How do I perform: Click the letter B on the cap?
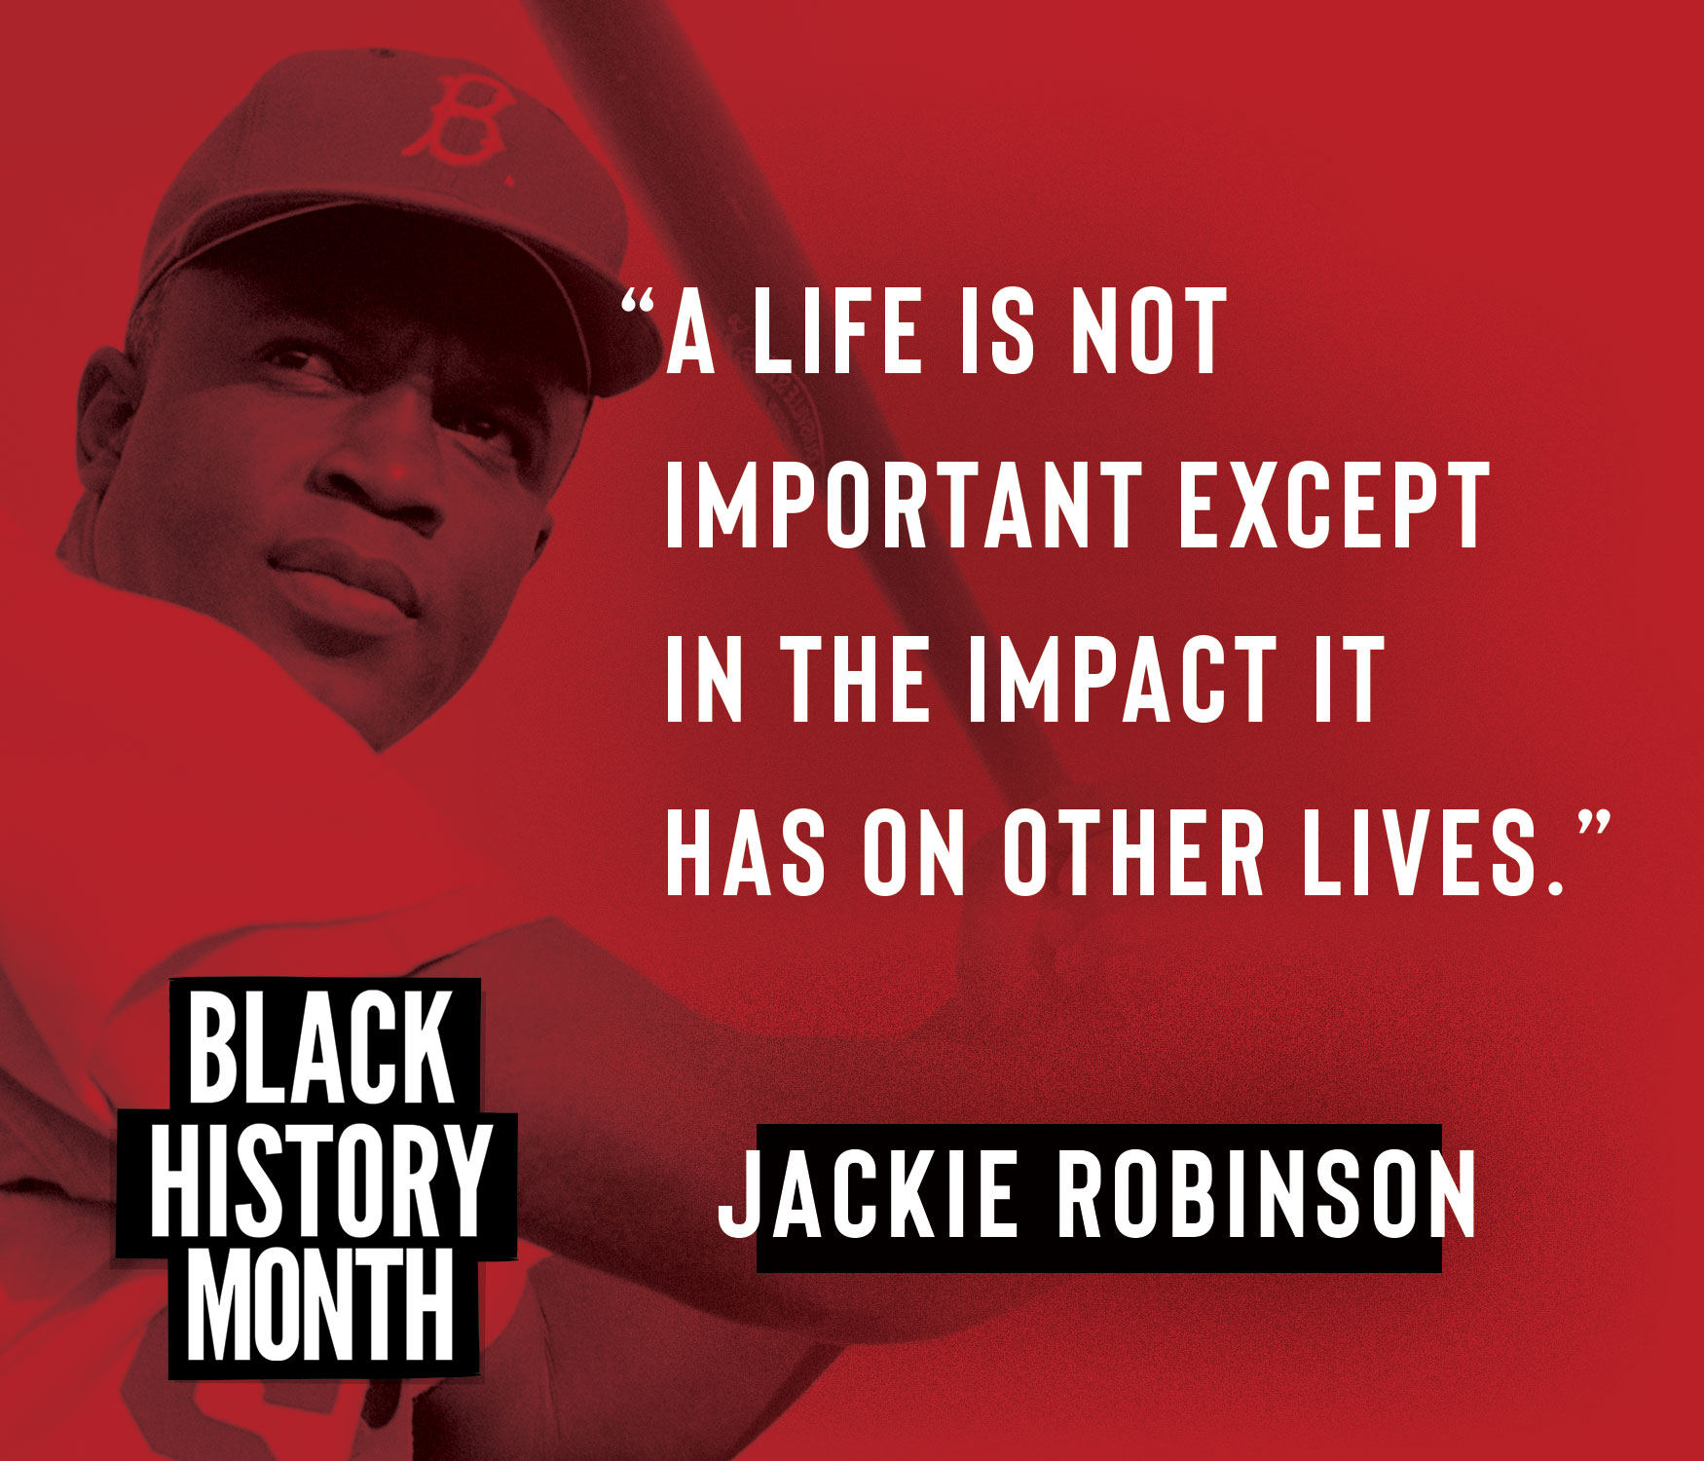coord(459,119)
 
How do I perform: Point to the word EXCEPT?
coord(1334,506)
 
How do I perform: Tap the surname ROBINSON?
coord(1267,1194)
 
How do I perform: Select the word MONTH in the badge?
coord(320,1306)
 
